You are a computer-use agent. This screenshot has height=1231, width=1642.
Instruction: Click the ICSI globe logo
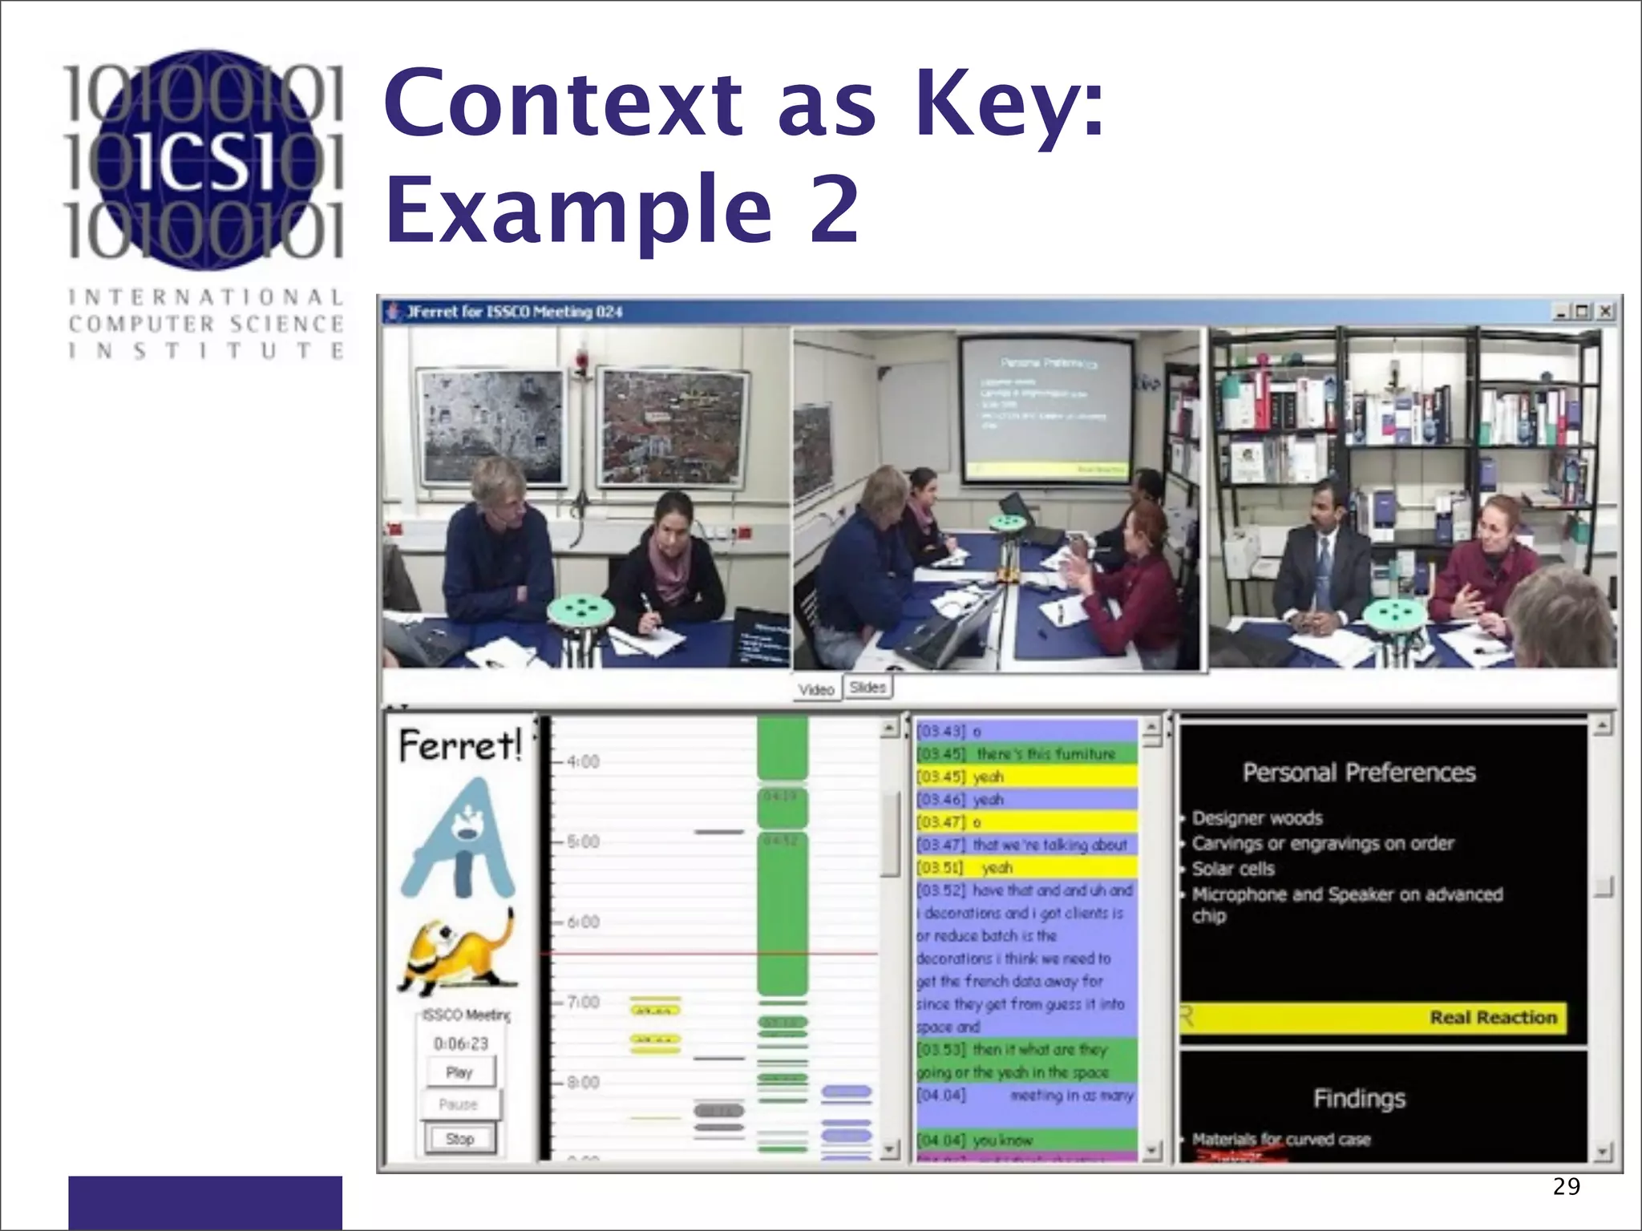tap(205, 159)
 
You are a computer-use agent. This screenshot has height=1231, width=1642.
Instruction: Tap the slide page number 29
tap(1566, 1186)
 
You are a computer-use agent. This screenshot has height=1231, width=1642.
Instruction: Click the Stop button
tap(459, 1139)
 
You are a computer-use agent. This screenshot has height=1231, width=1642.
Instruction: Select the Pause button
tap(459, 1104)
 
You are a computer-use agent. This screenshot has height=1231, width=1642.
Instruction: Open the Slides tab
tap(868, 688)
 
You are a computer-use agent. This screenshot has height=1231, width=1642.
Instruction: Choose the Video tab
tap(816, 689)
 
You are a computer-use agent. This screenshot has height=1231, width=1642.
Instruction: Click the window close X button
tap(1605, 312)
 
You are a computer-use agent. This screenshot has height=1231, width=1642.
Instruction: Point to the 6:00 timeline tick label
tap(583, 922)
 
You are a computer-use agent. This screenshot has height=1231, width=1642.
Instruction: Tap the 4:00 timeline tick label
tap(583, 761)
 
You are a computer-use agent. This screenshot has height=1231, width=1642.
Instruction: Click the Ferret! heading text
tap(459, 747)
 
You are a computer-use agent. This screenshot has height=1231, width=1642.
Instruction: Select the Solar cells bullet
tap(1233, 869)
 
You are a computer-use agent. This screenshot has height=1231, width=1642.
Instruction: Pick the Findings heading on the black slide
tap(1359, 1098)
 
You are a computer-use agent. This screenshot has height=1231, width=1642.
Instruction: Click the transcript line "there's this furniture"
tap(1026, 754)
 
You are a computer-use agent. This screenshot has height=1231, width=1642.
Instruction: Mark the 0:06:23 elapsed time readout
tap(460, 1043)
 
